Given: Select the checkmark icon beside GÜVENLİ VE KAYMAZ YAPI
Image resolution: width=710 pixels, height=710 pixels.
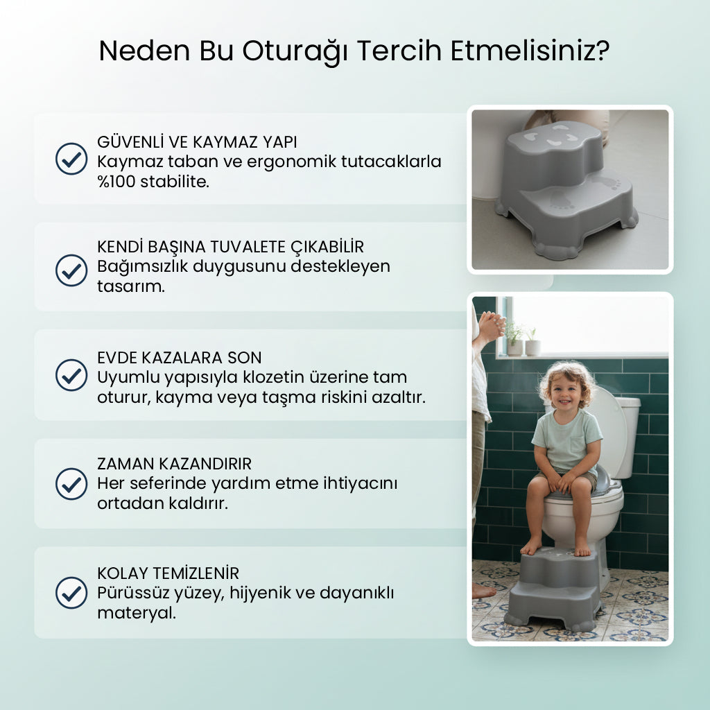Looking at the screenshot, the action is click(71, 159).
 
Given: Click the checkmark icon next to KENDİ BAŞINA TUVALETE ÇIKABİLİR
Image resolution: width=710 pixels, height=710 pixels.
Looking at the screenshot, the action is click(71, 270).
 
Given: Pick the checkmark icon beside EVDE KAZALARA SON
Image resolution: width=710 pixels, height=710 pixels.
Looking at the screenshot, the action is click(71, 375).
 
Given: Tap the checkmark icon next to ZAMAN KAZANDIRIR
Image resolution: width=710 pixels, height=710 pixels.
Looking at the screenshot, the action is click(71, 484).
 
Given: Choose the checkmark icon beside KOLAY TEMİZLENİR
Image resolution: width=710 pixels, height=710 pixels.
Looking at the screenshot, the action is click(71, 593).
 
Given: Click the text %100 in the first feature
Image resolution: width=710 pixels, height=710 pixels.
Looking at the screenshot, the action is click(116, 182).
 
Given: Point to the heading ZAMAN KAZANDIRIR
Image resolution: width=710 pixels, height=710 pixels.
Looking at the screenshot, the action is click(174, 464).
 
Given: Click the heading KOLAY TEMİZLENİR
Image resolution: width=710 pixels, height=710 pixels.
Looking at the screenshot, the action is click(168, 573).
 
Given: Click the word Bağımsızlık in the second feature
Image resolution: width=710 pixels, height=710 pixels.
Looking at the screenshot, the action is click(142, 267).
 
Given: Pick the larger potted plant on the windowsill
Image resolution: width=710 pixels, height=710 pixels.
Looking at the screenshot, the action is click(514, 338).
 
